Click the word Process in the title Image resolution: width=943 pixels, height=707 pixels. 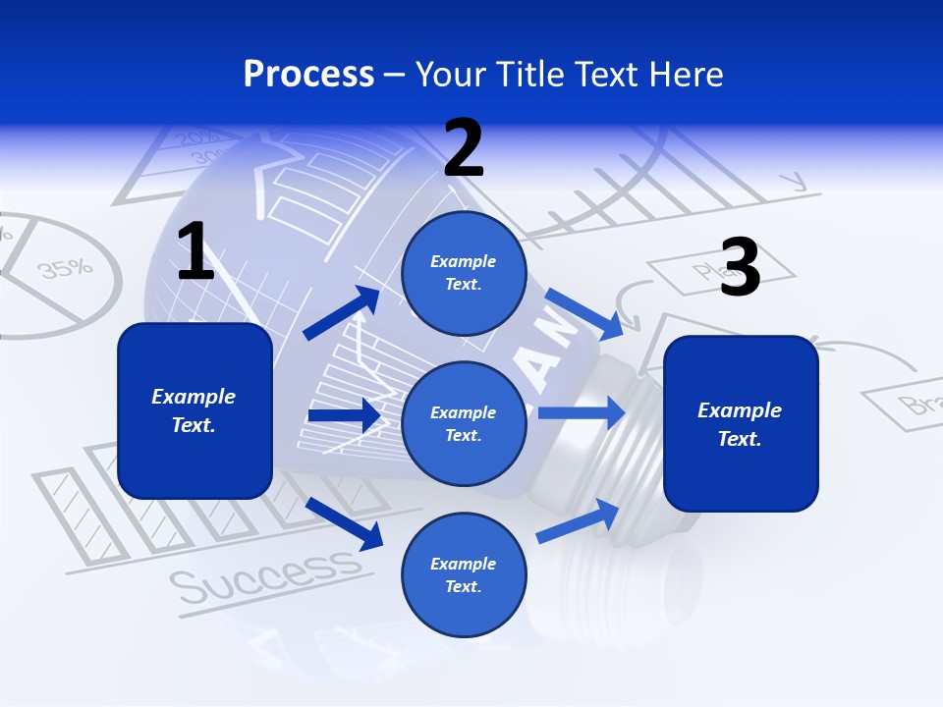[308, 75]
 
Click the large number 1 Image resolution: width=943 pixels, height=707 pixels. [195, 252]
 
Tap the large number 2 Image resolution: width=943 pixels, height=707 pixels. [464, 149]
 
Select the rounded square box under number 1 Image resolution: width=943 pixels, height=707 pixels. [194, 410]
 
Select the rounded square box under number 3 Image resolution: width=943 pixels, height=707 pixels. [741, 423]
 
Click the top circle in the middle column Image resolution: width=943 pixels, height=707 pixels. [464, 273]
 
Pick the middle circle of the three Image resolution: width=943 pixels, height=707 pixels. [464, 423]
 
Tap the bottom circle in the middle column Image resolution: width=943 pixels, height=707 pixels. [464, 574]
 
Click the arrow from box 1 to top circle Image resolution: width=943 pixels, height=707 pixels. [342, 313]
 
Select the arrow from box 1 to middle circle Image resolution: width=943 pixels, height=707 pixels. [344, 415]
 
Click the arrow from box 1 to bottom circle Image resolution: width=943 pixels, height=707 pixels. [345, 522]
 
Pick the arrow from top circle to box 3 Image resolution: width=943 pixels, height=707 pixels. [582, 309]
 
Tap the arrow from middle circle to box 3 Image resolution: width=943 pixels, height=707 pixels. [581, 412]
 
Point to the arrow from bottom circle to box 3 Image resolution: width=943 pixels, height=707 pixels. [578, 520]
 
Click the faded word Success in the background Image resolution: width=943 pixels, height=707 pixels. [265, 575]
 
